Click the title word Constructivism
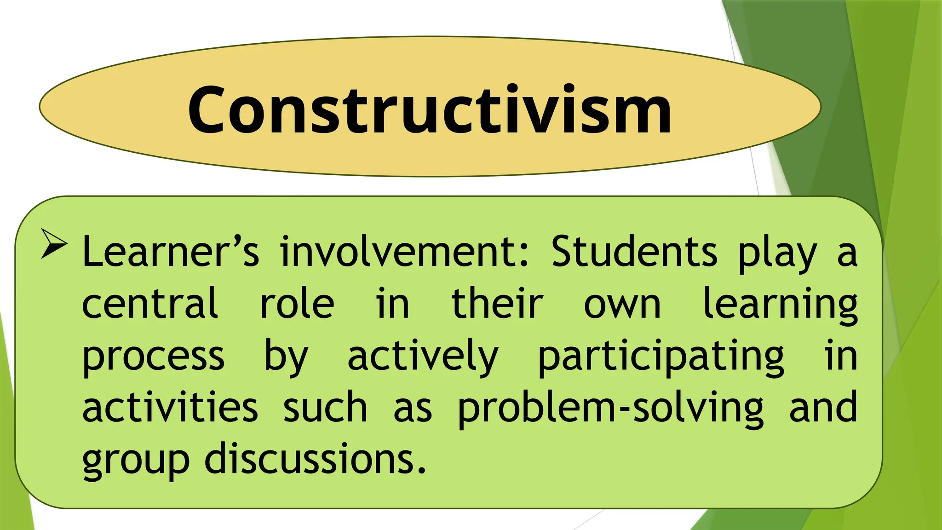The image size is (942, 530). point(430,110)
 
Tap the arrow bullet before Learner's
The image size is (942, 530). point(54,243)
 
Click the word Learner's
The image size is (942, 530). point(171,252)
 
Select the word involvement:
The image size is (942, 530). point(405,252)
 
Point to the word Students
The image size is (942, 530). point(634,252)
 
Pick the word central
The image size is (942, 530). point(149,304)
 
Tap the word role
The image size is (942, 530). point(297,304)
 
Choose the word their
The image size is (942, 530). point(497,304)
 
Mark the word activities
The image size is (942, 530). point(170,407)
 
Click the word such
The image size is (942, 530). point(325,407)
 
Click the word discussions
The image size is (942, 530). point(315,459)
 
